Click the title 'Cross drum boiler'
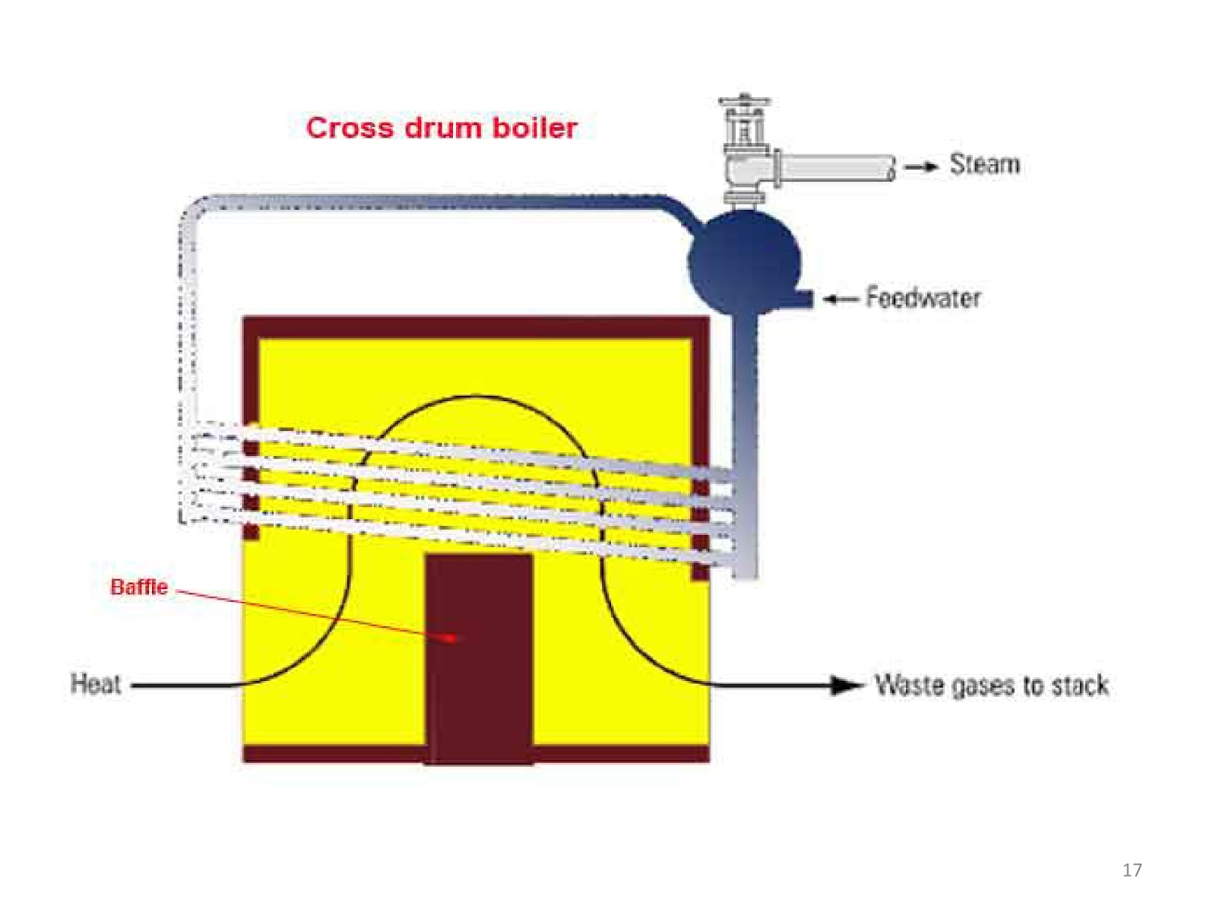point(442,128)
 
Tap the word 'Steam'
point(984,164)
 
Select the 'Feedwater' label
point(923,297)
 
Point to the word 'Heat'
point(95,684)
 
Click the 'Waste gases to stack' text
point(992,685)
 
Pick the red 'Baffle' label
point(139,587)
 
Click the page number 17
point(1132,870)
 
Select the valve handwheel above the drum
point(744,101)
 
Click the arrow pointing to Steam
point(920,166)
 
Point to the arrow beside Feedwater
point(841,299)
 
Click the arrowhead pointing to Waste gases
point(846,685)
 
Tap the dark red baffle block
point(479,658)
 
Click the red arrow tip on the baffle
point(452,638)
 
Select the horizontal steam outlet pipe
point(837,167)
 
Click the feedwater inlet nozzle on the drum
point(802,299)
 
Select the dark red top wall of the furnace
point(476,328)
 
